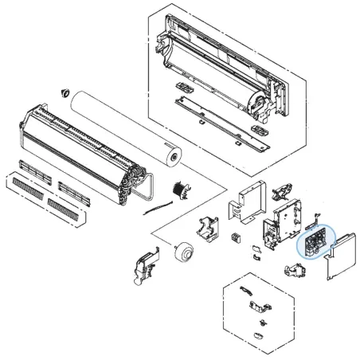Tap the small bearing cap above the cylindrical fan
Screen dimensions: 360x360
(x=61, y=93)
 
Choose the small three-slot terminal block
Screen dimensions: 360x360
(x=236, y=239)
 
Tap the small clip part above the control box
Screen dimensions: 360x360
(x=280, y=189)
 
